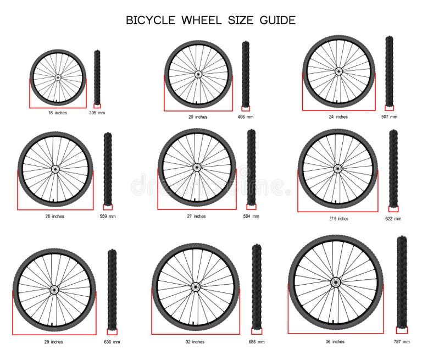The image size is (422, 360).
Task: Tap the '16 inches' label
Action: (x=57, y=113)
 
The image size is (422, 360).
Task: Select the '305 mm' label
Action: (x=97, y=113)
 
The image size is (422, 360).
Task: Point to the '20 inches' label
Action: (x=197, y=117)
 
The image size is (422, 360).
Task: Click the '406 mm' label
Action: (x=245, y=117)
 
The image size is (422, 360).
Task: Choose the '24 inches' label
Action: (x=338, y=117)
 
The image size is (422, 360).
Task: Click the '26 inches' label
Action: (x=54, y=216)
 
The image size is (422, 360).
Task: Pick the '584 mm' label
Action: (x=251, y=216)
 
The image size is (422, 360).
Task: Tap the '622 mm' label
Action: (x=393, y=218)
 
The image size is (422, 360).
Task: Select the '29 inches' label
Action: (x=53, y=342)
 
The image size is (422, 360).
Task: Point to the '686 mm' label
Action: (x=256, y=342)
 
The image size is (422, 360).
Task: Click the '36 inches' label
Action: (x=335, y=342)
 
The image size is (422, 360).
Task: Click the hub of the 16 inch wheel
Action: (x=58, y=78)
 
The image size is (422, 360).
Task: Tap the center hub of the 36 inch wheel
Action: (x=335, y=283)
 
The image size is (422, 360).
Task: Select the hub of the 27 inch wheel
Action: (x=197, y=168)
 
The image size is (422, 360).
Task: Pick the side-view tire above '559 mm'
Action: (x=108, y=168)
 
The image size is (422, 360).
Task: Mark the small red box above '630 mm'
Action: (x=112, y=331)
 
